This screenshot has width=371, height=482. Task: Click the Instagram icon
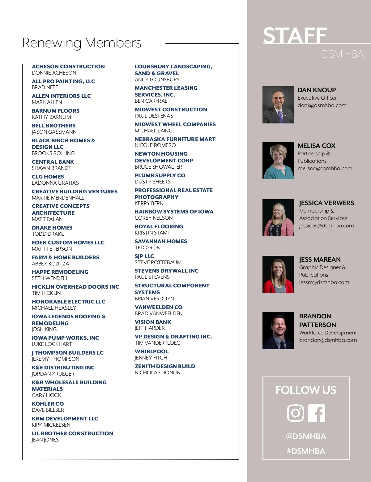coord(296,413)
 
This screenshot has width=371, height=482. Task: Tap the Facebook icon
coord(317,413)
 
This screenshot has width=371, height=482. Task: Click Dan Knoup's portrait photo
coord(278,105)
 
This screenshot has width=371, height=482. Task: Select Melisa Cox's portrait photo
coord(278,161)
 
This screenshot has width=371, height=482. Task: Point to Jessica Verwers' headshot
coord(278,218)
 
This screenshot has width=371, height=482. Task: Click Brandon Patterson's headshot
coord(278,331)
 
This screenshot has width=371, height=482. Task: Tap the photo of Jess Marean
coord(278,274)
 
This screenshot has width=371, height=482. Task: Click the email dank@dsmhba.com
coord(322,105)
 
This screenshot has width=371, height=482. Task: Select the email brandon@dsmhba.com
coord(328,340)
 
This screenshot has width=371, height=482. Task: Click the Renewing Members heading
coord(82,43)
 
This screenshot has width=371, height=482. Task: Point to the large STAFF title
coord(295,35)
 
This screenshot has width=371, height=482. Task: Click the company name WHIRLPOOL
coord(151,351)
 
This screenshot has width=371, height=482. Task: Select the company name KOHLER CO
coord(48,404)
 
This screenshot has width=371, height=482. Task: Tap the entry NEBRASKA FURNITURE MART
coord(175,139)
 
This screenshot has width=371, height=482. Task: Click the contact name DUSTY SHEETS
coord(152,182)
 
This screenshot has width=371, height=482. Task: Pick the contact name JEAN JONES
coord(45,440)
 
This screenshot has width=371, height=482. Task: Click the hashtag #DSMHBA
coord(306,451)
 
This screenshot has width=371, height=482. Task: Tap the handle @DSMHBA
coord(306,436)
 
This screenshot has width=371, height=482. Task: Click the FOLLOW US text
coord(306,390)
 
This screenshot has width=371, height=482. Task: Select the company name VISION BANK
coord(153,322)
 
